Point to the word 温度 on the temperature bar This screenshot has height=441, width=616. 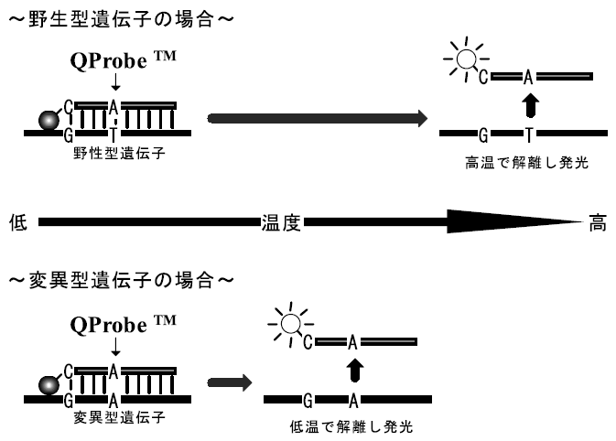click(280, 222)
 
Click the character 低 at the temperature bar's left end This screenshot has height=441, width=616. click(17, 222)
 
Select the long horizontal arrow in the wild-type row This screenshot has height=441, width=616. click(317, 119)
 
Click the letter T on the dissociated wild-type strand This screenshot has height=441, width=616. click(527, 134)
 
